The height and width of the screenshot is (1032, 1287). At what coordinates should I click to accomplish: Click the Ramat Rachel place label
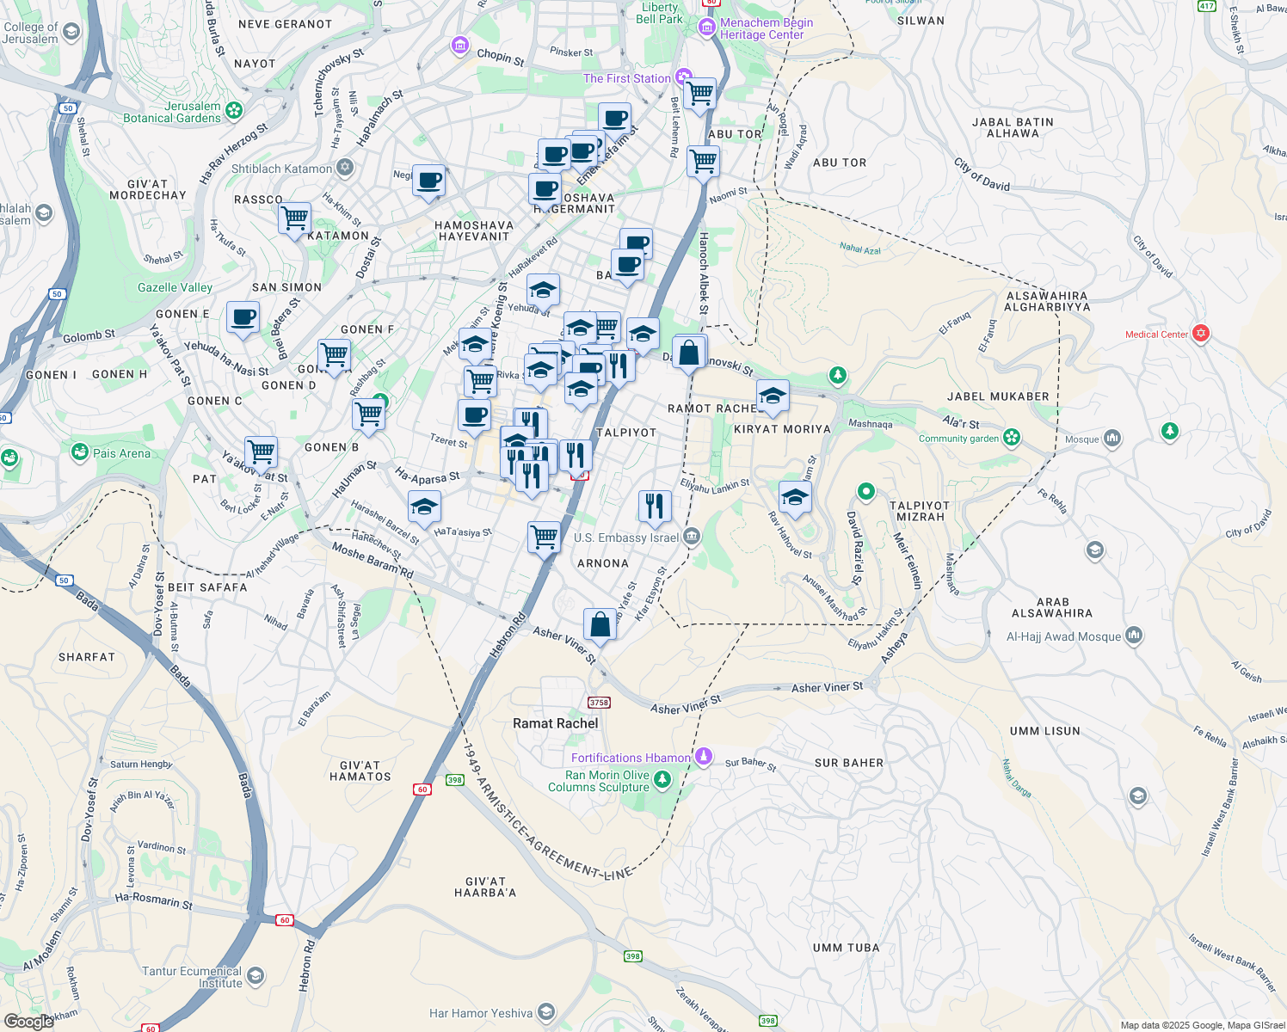pyautogui.click(x=555, y=723)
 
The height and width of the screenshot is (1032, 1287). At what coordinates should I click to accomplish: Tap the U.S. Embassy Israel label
pyautogui.click(x=626, y=537)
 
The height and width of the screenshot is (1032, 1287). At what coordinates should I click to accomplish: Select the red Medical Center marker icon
pyautogui.click(x=1201, y=334)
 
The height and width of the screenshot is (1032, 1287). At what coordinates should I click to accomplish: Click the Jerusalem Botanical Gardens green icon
pyautogui.click(x=234, y=111)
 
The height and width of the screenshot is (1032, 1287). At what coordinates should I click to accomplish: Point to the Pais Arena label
pyautogui.click(x=121, y=453)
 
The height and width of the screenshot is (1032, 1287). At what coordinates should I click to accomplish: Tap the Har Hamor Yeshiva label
pyautogui.click(x=481, y=1013)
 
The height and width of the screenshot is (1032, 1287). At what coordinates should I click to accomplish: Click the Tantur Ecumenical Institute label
pyautogui.click(x=192, y=977)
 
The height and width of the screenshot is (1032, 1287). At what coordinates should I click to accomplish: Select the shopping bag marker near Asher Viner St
pyautogui.click(x=600, y=623)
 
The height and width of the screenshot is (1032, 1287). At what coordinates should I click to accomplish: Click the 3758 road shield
pyautogui.click(x=599, y=703)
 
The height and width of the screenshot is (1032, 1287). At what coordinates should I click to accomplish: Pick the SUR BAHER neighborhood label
pyautogui.click(x=848, y=763)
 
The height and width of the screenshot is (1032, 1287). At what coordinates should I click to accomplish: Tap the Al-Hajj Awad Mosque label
pyautogui.click(x=1063, y=636)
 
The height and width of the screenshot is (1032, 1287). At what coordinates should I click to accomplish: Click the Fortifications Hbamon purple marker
pyautogui.click(x=704, y=756)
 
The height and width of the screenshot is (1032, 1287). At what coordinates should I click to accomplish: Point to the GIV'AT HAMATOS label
pyautogui.click(x=360, y=771)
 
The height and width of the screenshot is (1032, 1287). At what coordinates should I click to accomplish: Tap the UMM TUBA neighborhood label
pyautogui.click(x=846, y=948)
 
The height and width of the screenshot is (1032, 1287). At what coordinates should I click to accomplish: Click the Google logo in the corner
pyautogui.click(x=29, y=1021)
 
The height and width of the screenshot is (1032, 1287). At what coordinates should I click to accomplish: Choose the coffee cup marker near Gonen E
pyautogui.click(x=243, y=317)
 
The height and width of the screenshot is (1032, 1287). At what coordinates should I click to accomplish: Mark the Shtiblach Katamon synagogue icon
pyautogui.click(x=345, y=168)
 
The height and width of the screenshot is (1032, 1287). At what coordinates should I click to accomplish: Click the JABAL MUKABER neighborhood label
pyautogui.click(x=998, y=396)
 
